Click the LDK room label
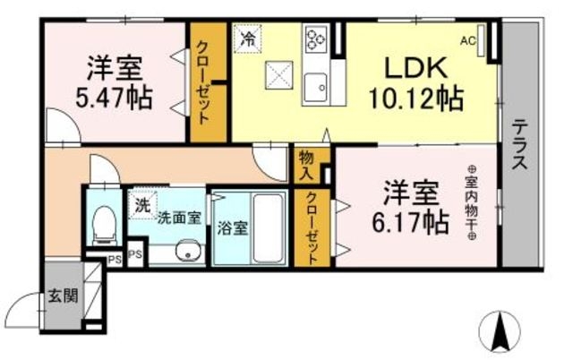pyautogui.click(x=415, y=68)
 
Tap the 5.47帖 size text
pyautogui.click(x=114, y=98)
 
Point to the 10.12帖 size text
pyautogui.click(x=415, y=99)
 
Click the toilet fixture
pyautogui.click(x=105, y=226)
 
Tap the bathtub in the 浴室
pyautogui.click(x=269, y=228)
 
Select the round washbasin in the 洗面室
pyautogui.click(x=187, y=250)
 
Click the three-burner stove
pyautogui.click(x=316, y=39)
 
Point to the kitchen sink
pyautogui.click(x=316, y=88)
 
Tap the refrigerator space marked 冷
pyautogui.click(x=247, y=39)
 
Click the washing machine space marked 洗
pyautogui.click(x=142, y=205)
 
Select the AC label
pyautogui.click(x=468, y=41)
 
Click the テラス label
pyautogui.click(x=519, y=144)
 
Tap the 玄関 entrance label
pyautogui.click(x=64, y=296)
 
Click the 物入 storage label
pyautogui.click(x=306, y=166)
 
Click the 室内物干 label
pyautogui.click(x=472, y=202)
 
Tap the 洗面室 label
pyautogui.click(x=179, y=219)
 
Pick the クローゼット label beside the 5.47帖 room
pyautogui.click(x=203, y=82)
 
